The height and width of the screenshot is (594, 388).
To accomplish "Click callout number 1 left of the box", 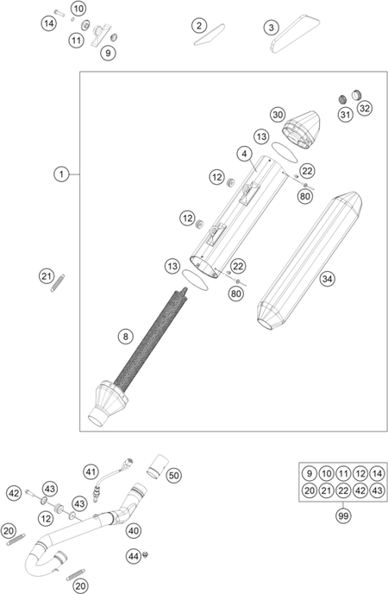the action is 61,174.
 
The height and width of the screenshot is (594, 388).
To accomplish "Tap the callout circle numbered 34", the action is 327,279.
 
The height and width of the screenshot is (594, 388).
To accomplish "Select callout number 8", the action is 126,337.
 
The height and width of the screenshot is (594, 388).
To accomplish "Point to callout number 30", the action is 278,115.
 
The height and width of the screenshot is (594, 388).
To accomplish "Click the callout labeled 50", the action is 174,475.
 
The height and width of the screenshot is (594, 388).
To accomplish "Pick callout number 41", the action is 91,472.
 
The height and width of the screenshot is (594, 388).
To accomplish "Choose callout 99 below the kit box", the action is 343,515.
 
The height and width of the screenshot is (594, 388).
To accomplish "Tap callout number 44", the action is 133,556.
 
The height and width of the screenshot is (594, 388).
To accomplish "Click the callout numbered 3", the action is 271,28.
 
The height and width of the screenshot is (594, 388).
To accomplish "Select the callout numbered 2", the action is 199,26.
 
